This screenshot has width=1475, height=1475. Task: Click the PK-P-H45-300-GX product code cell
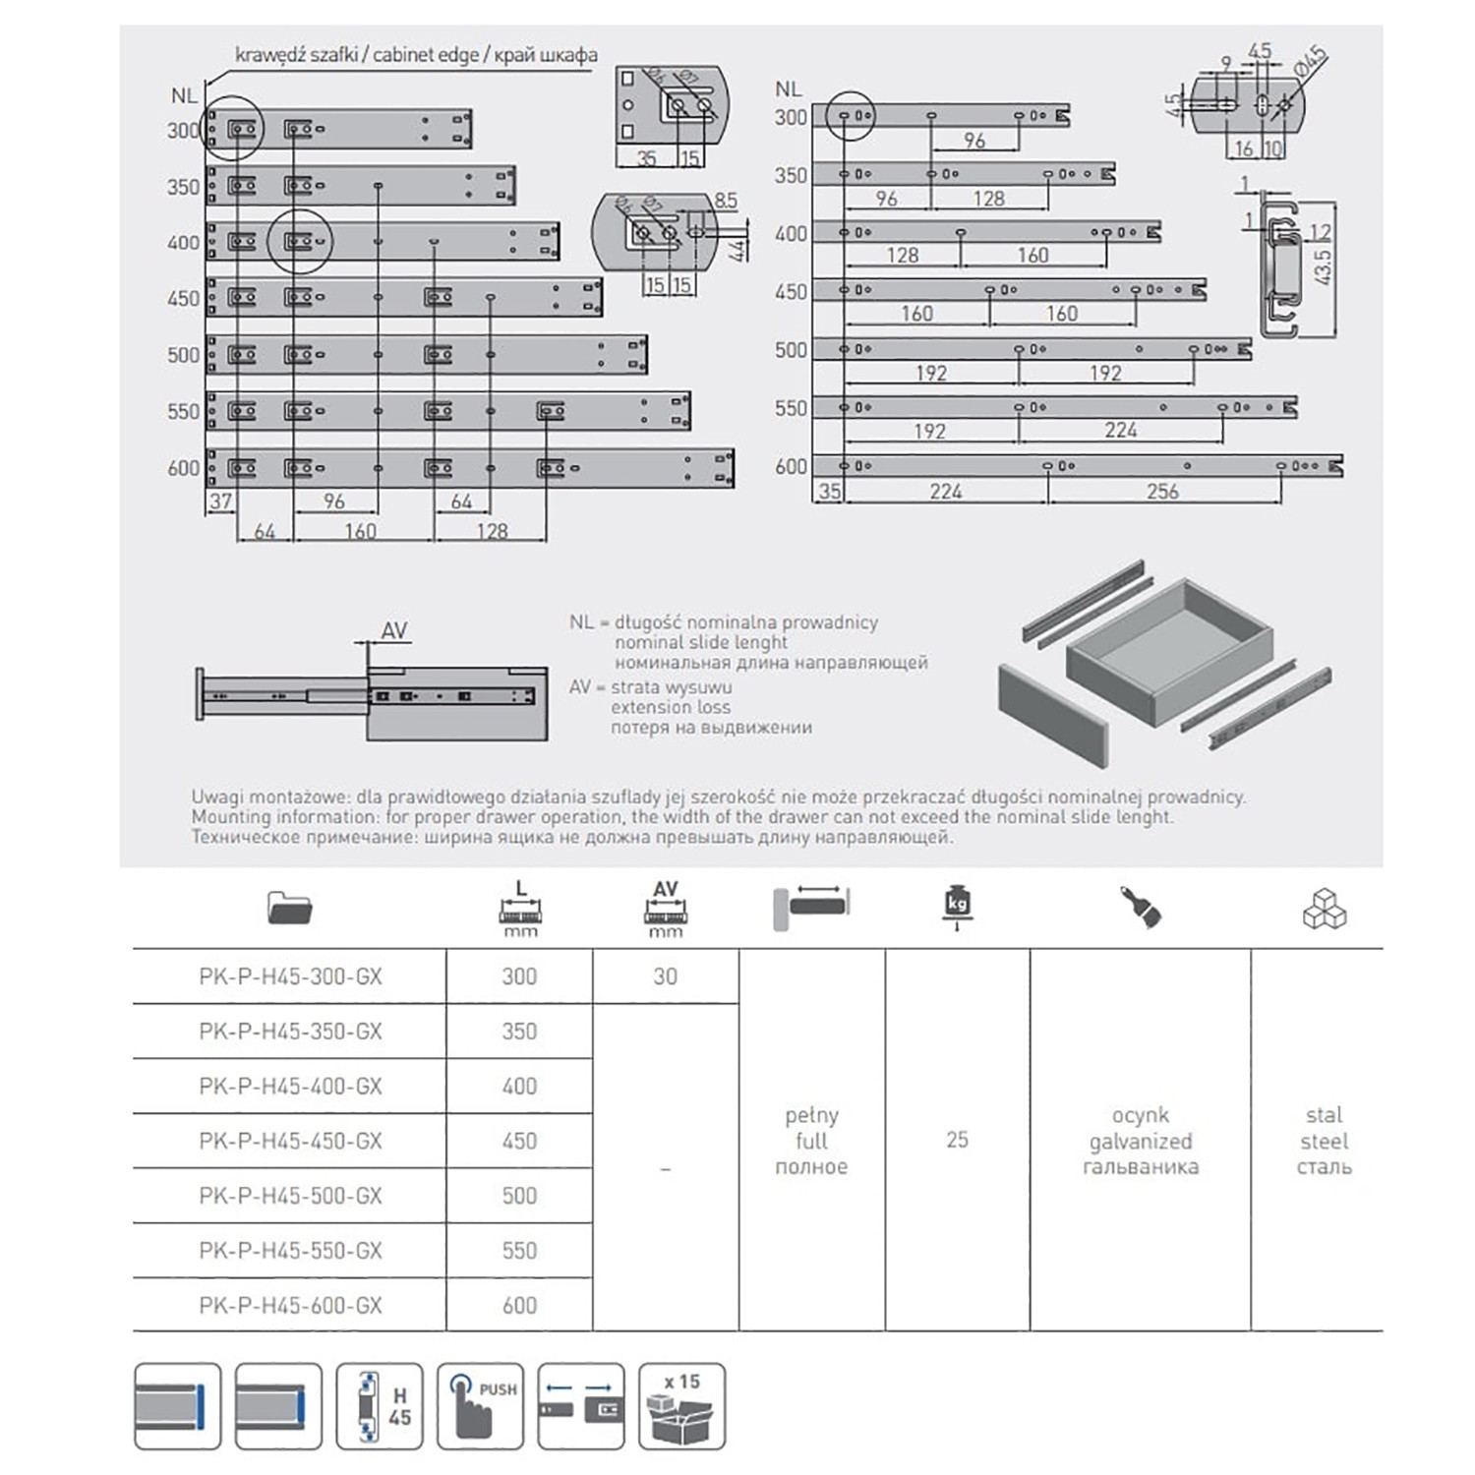(290, 976)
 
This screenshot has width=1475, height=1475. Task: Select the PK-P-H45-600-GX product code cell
(290, 1305)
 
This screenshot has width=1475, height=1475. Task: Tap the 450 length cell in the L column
(519, 1141)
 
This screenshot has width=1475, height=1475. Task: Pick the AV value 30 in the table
(666, 976)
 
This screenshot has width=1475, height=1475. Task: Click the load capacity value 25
(957, 1140)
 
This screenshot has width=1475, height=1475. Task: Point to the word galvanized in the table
(1141, 1141)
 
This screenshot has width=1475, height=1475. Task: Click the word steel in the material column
(1324, 1141)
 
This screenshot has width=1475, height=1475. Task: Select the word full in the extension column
(811, 1141)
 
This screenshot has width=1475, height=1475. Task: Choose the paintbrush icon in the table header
(1141, 906)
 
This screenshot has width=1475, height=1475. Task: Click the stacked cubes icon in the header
(1324, 910)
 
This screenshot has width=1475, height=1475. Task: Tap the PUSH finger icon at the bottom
(480, 1406)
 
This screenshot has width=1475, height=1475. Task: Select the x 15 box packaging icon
(681, 1406)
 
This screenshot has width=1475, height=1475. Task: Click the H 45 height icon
(380, 1406)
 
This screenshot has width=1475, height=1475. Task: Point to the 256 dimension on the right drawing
(1161, 491)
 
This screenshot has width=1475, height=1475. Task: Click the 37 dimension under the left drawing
(220, 501)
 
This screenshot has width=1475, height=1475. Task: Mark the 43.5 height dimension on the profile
(1323, 266)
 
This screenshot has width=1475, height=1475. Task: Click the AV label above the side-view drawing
(394, 630)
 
